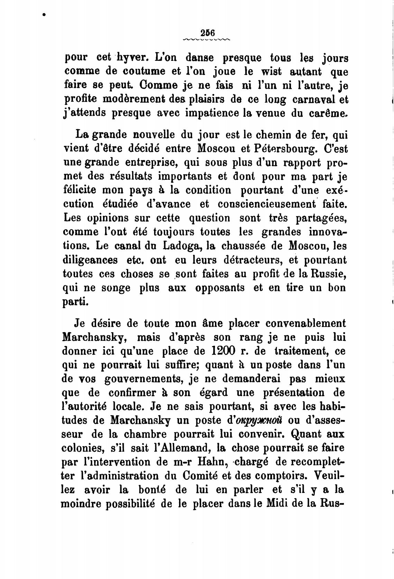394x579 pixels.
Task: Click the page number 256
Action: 207,33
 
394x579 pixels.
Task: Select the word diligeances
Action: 90,260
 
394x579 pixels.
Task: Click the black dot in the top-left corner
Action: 44,15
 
